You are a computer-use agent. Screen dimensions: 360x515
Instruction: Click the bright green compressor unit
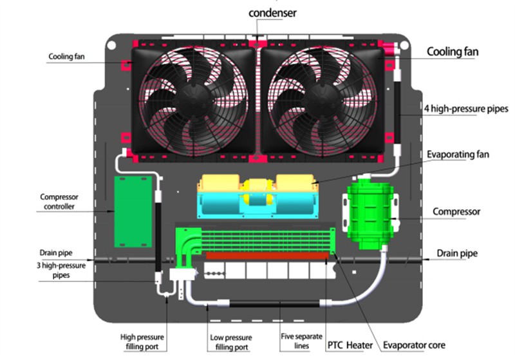click(x=370, y=212)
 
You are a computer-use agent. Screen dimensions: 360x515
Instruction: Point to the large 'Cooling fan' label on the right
click(x=453, y=51)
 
